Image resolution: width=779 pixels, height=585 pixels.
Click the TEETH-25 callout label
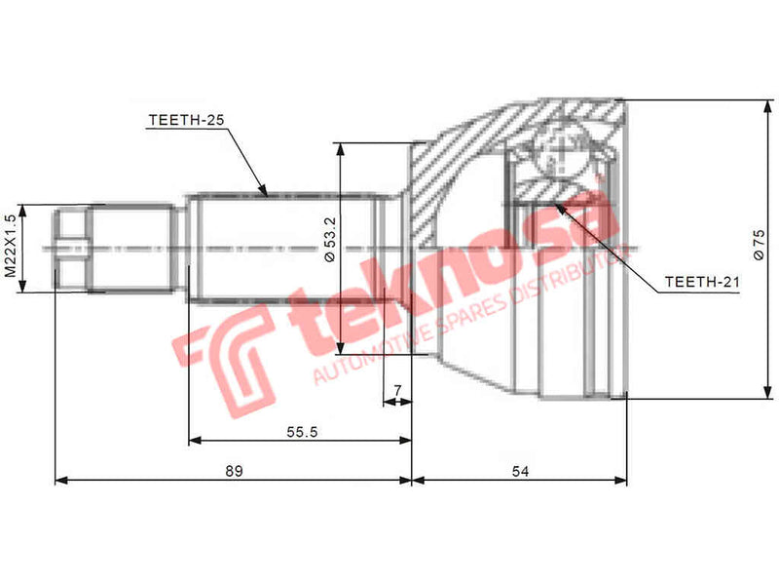click(186, 120)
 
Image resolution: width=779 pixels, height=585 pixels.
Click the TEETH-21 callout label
click(702, 283)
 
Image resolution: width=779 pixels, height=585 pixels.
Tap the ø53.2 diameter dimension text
click(329, 240)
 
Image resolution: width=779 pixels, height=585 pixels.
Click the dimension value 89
click(233, 471)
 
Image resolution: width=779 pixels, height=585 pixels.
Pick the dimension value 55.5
click(303, 433)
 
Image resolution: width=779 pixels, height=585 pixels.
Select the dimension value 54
click(520, 471)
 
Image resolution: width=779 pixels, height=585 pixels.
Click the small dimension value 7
click(396, 392)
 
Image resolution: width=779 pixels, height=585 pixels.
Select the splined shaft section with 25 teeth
click(282, 249)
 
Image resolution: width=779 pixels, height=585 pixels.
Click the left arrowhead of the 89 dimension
click(58, 480)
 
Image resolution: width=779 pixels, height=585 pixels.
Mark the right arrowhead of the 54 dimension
click(622, 480)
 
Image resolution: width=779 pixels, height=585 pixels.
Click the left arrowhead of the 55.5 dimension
click(192, 441)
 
